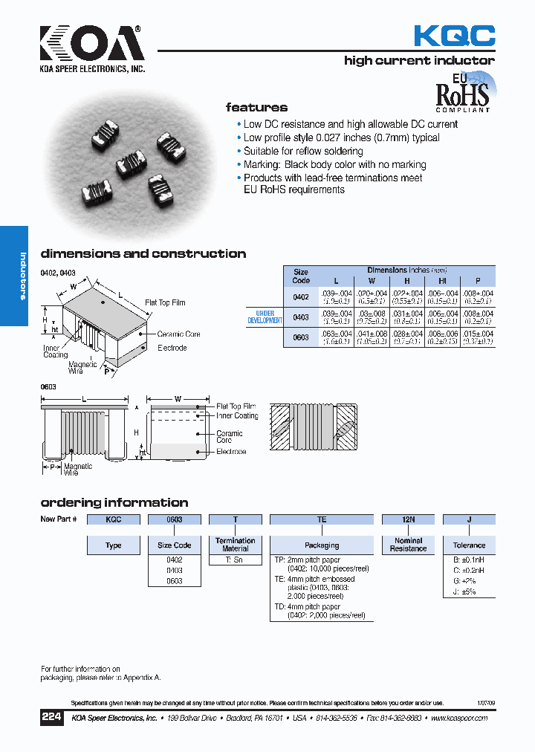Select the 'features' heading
[256, 108]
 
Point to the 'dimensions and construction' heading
[143, 253]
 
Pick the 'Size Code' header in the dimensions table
[301, 276]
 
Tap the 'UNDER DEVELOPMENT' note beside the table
[265, 317]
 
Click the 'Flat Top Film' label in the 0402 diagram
[165, 303]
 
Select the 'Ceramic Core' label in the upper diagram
[178, 334]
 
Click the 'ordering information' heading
[114, 502]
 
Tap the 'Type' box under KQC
[114, 545]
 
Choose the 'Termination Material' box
[235, 545]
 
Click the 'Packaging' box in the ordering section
[322, 545]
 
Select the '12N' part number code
[408, 520]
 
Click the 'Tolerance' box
[469, 545]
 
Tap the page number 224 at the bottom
[51, 718]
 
